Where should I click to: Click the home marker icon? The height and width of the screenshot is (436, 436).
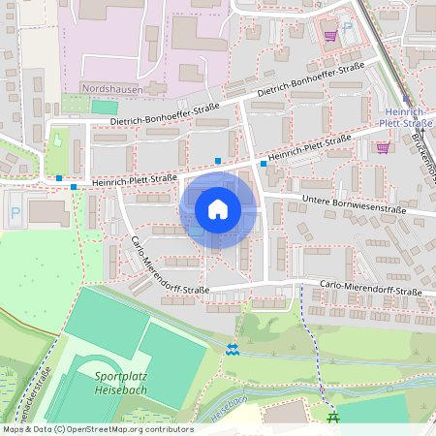[218, 209]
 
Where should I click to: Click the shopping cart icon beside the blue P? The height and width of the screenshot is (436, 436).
[330, 35]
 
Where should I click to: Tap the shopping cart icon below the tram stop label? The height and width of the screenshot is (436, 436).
[383, 147]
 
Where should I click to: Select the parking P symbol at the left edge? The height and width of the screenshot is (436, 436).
[14, 210]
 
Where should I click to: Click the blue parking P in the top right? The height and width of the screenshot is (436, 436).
[348, 27]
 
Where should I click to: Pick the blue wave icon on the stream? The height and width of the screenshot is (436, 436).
[231, 349]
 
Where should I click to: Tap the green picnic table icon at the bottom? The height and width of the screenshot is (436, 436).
[334, 419]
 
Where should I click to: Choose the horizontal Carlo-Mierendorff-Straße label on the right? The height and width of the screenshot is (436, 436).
[371, 290]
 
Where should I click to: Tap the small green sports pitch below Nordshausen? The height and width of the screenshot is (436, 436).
[105, 105]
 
